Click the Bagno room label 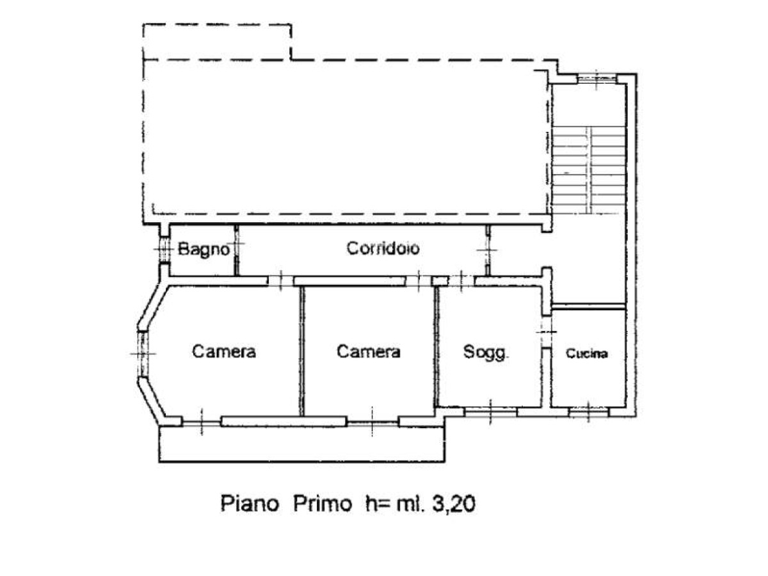[204, 250]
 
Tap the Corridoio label [383, 248]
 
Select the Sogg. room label [486, 352]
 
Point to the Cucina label [587, 353]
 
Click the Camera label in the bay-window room [224, 351]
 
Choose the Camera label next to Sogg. [368, 351]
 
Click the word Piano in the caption [250, 504]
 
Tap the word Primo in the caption [323, 504]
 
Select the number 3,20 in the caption [454, 504]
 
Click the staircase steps [589, 170]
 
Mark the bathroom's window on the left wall [164, 250]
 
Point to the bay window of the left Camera [143, 353]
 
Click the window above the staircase [596, 78]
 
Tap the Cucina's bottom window [588, 412]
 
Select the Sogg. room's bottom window [490, 412]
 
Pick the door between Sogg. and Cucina [546, 332]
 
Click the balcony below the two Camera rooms [302, 444]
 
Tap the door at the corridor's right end [488, 250]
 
